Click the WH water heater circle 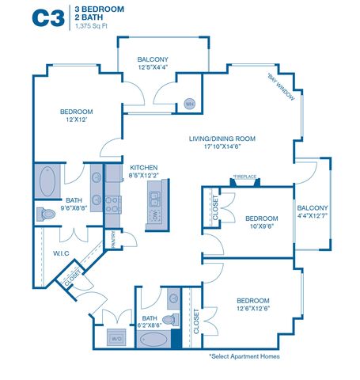[190, 104]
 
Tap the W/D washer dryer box [116, 337]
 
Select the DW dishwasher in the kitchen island [155, 215]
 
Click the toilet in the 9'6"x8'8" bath [46, 214]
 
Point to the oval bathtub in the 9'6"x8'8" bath [47, 181]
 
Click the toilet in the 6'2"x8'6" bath [171, 320]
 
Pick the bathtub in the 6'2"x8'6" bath [153, 339]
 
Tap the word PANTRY [113, 239]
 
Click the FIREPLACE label [244, 177]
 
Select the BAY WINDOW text [281, 86]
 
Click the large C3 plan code [48, 18]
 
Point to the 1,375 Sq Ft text [91, 26]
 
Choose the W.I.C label [61, 253]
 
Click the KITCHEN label [144, 168]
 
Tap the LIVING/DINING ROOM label [222, 139]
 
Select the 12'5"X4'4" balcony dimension [153, 67]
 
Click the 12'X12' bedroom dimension [77, 120]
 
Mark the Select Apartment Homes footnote [244, 356]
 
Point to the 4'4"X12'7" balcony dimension [313, 215]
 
